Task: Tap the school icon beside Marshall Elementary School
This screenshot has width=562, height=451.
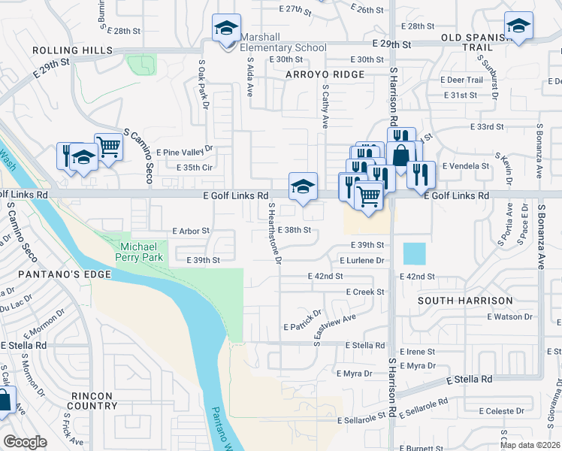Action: click(226, 29)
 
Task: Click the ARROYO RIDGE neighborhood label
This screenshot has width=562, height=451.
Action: click(325, 74)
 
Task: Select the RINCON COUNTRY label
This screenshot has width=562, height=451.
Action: click(91, 401)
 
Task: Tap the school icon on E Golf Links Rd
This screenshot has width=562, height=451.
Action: click(303, 187)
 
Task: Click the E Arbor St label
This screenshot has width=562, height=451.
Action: click(192, 231)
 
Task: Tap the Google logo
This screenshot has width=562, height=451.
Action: click(26, 442)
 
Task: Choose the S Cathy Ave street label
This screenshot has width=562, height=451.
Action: click(326, 106)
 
